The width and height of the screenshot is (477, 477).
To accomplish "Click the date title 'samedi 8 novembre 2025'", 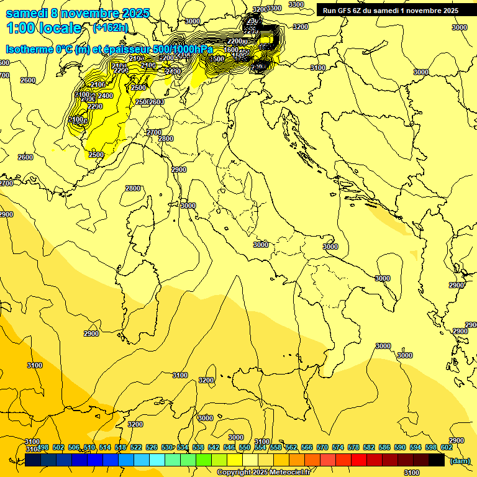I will tap(73, 13).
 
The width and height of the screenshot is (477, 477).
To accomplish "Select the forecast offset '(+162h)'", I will tap(111, 28).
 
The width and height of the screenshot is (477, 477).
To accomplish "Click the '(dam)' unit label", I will tap(460, 461).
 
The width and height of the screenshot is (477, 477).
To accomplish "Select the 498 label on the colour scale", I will tap(43, 448).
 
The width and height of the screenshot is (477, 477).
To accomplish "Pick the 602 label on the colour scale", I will tap(446, 448).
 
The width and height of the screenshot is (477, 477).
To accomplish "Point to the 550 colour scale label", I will tap(244, 448).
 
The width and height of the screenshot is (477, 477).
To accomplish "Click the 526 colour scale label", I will tap(152, 448).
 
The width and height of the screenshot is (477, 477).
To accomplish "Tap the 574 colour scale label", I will tap(337, 448).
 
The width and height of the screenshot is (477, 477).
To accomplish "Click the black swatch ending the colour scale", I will tap(437, 460).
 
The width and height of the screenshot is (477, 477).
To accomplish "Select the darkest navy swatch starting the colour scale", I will tap(34, 460).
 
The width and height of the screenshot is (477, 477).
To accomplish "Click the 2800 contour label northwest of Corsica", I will tap(132, 188).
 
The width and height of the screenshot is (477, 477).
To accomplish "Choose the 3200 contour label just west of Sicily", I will tap(206, 380).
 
